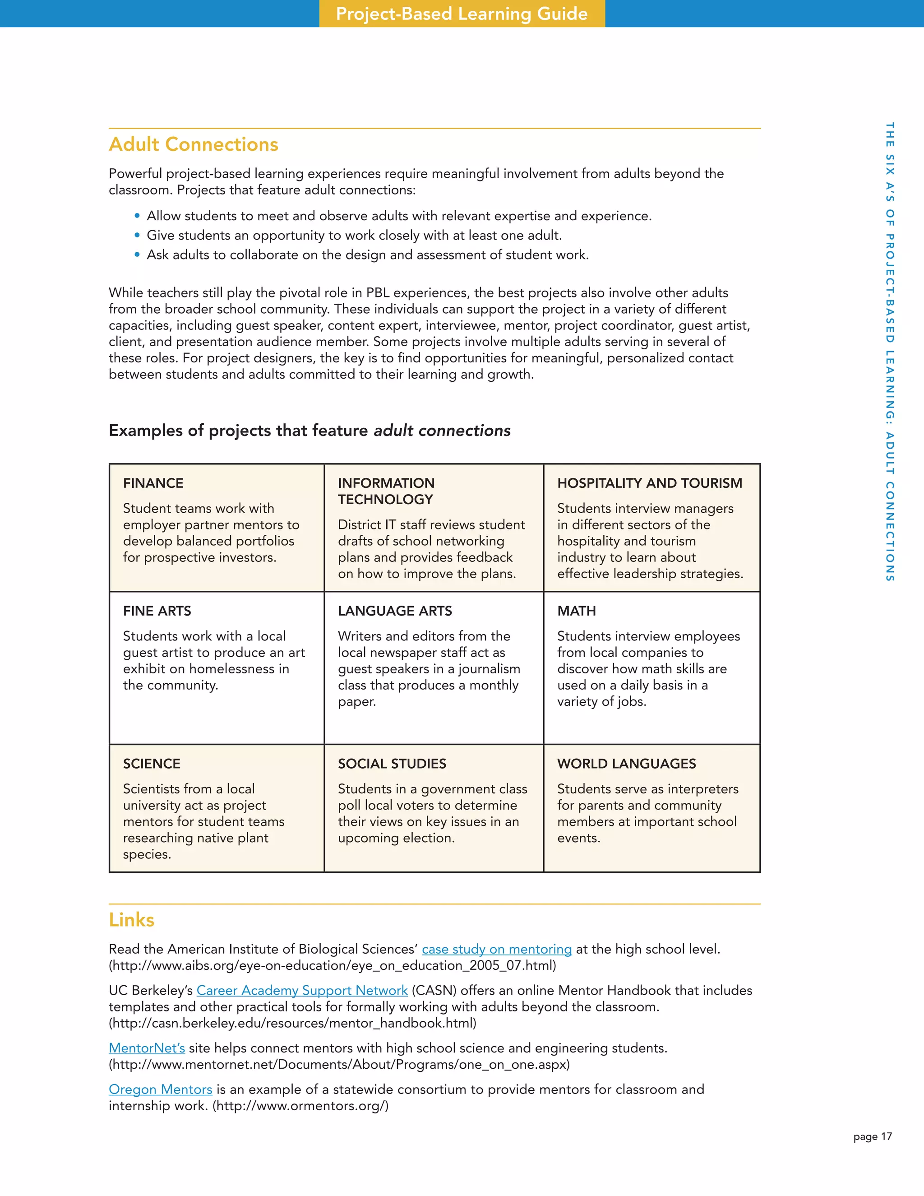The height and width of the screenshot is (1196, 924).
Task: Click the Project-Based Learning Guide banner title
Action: (x=462, y=14)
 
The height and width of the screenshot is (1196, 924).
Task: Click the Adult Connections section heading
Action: (x=193, y=144)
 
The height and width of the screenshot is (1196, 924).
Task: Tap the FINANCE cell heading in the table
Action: (x=153, y=483)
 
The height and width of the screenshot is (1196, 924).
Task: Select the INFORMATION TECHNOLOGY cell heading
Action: (x=386, y=491)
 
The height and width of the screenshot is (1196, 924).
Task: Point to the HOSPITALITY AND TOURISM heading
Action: (x=649, y=483)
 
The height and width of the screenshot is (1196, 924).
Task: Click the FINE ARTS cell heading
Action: (x=157, y=611)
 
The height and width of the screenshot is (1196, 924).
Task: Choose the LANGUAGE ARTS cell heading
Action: (x=395, y=611)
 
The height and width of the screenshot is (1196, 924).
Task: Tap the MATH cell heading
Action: (x=577, y=611)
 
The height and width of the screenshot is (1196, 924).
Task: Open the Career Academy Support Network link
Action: (x=302, y=990)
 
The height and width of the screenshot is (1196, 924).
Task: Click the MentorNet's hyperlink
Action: (x=147, y=1048)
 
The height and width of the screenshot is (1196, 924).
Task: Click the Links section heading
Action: (x=131, y=919)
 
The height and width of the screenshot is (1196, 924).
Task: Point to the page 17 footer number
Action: (x=872, y=1136)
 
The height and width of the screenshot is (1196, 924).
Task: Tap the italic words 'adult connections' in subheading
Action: (x=442, y=431)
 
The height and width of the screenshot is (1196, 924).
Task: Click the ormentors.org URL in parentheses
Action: (x=300, y=1106)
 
